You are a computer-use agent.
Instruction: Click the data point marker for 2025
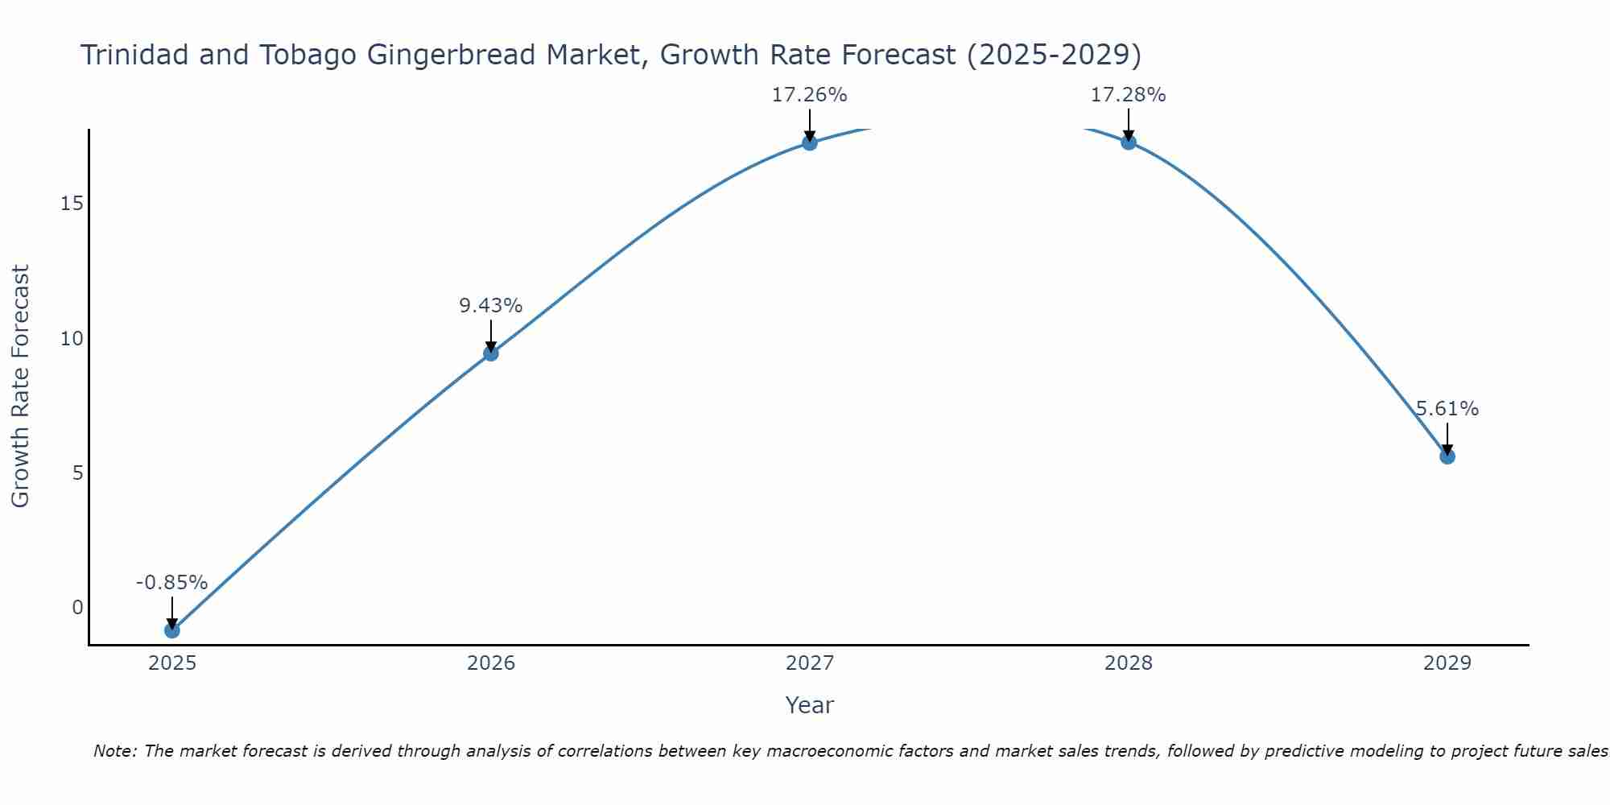(172, 630)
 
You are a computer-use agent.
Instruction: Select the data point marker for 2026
(491, 353)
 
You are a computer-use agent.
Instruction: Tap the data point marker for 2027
(810, 142)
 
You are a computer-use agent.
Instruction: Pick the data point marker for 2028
(1129, 142)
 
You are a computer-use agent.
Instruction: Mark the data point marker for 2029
(1447, 456)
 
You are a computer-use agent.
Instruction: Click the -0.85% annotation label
(172, 583)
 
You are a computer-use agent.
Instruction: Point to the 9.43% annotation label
(491, 306)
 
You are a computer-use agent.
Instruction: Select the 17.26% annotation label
(810, 95)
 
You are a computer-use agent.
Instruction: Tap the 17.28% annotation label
(1129, 95)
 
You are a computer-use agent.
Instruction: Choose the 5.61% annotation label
(1447, 409)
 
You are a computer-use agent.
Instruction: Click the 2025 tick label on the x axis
(172, 663)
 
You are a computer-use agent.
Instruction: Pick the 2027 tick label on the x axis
(810, 663)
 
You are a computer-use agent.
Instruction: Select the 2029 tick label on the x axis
(1447, 663)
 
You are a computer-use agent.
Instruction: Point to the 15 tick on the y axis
(72, 203)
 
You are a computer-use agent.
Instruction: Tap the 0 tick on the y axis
(77, 608)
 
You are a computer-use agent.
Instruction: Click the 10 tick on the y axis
(72, 338)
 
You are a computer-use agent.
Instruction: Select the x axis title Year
(810, 705)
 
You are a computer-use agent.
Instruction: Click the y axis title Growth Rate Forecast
(20, 386)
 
